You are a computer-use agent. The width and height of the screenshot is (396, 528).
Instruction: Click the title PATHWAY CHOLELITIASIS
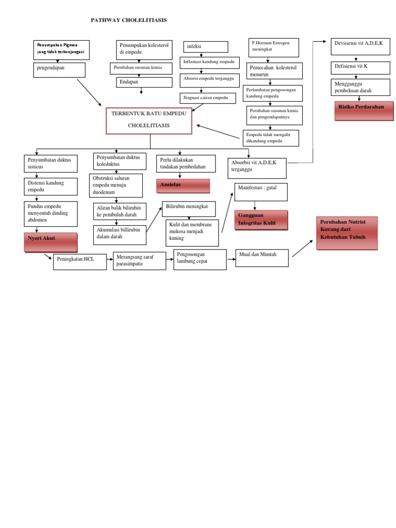(x=129, y=20)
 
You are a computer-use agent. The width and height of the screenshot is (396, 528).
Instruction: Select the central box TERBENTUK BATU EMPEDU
(x=149, y=121)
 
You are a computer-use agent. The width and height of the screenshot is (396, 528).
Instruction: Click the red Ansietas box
(x=183, y=186)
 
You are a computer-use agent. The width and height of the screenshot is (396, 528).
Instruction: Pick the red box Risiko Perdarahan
(x=364, y=110)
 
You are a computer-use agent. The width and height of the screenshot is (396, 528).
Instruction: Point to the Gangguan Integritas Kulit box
(x=261, y=220)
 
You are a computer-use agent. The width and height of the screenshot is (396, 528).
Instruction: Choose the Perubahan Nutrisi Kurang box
(x=347, y=233)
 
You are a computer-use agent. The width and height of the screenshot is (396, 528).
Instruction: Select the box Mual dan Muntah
(x=262, y=258)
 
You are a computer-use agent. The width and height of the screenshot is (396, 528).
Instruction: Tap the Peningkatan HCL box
(x=80, y=262)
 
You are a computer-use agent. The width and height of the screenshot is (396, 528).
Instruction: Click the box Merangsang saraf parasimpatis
(x=139, y=261)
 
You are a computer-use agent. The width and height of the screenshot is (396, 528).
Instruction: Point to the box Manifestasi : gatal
(x=261, y=192)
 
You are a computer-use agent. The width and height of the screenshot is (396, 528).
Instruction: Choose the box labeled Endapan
(x=144, y=82)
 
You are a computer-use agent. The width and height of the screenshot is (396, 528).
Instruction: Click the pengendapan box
(x=59, y=70)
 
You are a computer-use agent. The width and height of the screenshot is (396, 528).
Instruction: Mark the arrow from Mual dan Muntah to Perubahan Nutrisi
(x=302, y=249)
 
